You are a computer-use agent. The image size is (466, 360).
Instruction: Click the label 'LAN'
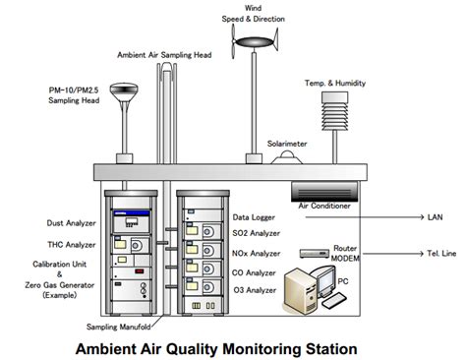point(437,216)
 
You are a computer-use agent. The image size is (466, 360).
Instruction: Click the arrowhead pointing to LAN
point(419,216)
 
